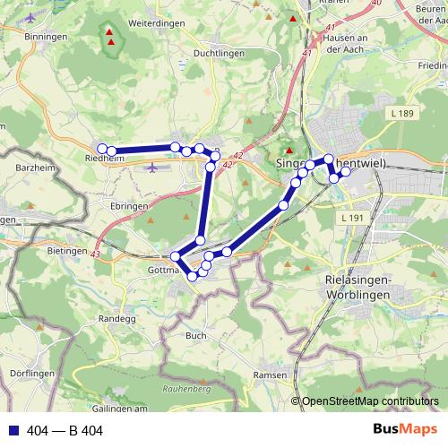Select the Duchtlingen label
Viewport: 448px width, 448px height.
pyautogui.click(x=217, y=53)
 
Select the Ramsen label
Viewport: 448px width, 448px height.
pyautogui.click(x=270, y=375)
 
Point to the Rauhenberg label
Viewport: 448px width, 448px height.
pyautogui.click(x=186, y=389)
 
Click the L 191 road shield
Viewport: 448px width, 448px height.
pyautogui.click(x=351, y=219)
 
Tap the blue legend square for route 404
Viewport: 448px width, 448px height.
pyautogui.click(x=13, y=430)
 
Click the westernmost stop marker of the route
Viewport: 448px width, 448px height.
pyautogui.click(x=102, y=149)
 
